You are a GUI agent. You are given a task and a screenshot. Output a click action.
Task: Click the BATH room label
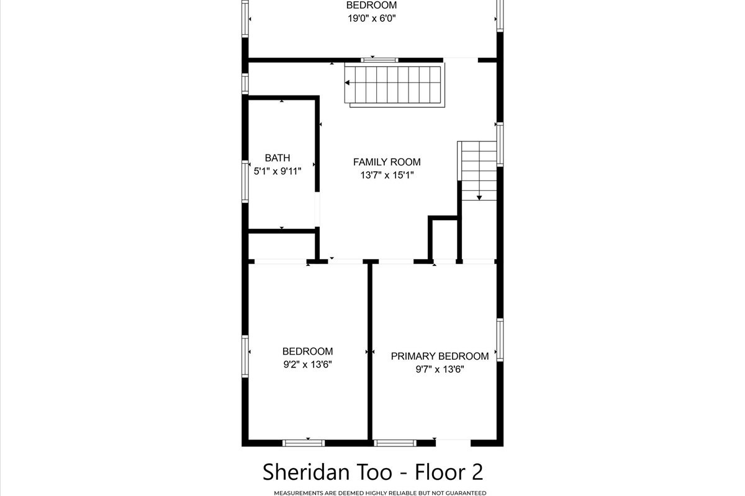(278, 158)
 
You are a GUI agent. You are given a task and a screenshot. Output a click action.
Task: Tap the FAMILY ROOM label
(387, 162)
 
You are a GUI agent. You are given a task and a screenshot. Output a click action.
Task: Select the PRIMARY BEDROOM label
(440, 356)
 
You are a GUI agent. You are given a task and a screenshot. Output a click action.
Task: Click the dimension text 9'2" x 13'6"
(308, 365)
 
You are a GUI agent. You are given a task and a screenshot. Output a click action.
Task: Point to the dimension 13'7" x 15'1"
(387, 175)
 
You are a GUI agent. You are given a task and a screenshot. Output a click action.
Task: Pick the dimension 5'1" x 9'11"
(278, 171)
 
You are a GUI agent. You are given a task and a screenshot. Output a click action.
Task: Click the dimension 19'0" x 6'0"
(371, 18)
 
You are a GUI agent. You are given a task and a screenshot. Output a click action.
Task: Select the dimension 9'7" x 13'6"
(440, 369)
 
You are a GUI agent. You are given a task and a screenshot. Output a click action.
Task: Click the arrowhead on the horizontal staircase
(347, 82)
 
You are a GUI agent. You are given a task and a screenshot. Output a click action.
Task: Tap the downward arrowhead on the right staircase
(479, 198)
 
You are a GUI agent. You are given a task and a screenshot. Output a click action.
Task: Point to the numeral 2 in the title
(477, 472)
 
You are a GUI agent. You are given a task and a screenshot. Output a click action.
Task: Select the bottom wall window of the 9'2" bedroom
(304, 443)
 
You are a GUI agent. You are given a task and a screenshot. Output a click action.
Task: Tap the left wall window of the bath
(245, 182)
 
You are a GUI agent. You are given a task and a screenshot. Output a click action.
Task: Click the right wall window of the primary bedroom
(500, 340)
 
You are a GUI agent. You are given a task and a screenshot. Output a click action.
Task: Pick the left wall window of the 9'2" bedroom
(245, 356)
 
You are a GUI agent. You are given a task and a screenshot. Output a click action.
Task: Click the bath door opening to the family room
(317, 210)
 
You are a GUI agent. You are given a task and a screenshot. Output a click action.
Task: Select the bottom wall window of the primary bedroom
(395, 443)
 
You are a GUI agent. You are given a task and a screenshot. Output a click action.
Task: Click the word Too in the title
(376, 472)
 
